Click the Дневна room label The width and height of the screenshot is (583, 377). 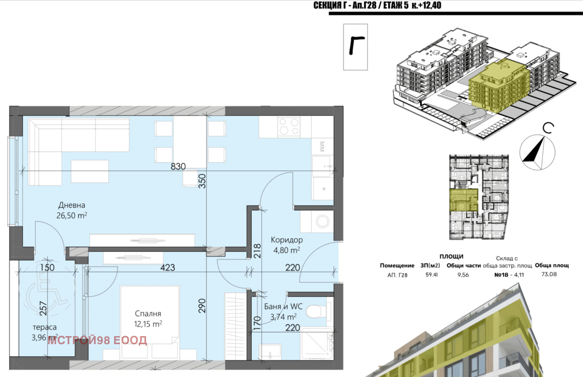(71, 205)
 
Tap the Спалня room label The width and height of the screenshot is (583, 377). (148, 313)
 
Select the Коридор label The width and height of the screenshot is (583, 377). (286, 240)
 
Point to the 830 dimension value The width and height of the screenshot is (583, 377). (178, 166)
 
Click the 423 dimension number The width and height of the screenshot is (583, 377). (168, 268)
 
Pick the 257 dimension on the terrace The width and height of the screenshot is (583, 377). (43, 308)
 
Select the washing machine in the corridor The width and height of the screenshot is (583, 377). (322, 222)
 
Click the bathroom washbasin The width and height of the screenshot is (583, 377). (270, 351)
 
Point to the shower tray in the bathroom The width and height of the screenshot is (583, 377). (317, 344)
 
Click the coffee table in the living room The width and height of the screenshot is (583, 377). (90, 171)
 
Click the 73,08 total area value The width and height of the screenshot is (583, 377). (549, 274)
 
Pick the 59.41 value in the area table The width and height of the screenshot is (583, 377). (431, 274)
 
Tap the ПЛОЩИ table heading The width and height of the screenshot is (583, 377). (451, 256)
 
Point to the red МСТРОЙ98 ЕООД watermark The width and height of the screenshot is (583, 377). (97, 340)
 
